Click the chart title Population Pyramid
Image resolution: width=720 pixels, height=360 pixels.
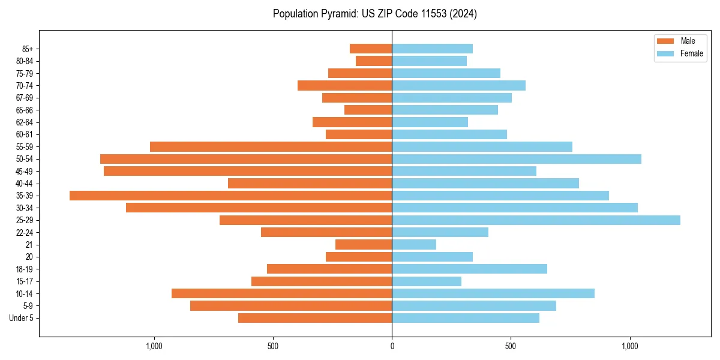(x=375, y=14)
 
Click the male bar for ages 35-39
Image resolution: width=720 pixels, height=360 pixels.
(x=231, y=196)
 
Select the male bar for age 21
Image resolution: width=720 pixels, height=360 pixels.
(x=364, y=245)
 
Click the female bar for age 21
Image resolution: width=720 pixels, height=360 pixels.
(x=414, y=245)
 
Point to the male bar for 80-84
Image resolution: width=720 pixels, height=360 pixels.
(x=374, y=61)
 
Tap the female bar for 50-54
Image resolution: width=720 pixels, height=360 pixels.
(x=517, y=159)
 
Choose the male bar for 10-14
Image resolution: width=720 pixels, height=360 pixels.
(x=282, y=293)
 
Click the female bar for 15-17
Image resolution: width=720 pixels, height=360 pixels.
(x=427, y=281)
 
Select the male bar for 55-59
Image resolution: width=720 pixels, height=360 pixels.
(x=271, y=146)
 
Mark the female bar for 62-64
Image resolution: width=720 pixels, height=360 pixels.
(x=430, y=122)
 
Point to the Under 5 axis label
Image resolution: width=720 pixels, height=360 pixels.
(x=21, y=318)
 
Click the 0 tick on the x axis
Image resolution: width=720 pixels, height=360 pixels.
(x=392, y=346)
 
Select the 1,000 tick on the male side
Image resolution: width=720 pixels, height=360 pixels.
(x=154, y=346)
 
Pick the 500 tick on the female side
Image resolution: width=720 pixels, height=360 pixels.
(x=511, y=346)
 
